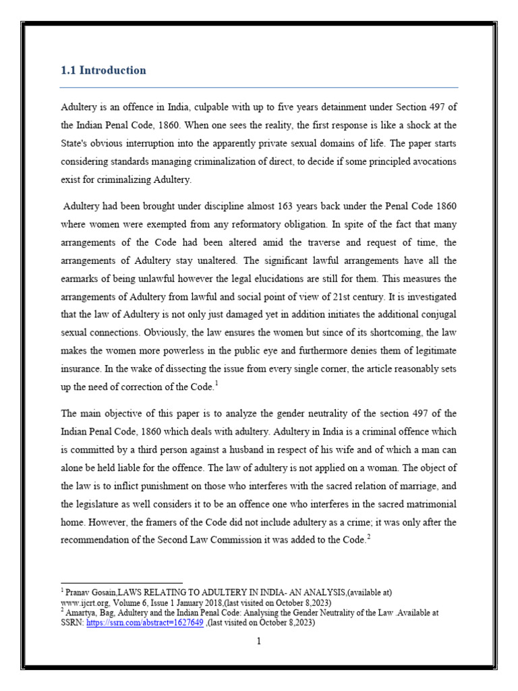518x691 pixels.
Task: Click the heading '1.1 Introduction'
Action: pyautogui.click(x=103, y=70)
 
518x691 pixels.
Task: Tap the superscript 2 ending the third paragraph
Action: pyautogui.click(x=369, y=536)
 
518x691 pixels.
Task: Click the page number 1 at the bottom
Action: pyautogui.click(x=258, y=642)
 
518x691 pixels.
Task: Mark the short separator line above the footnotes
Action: pyautogui.click(x=121, y=583)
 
